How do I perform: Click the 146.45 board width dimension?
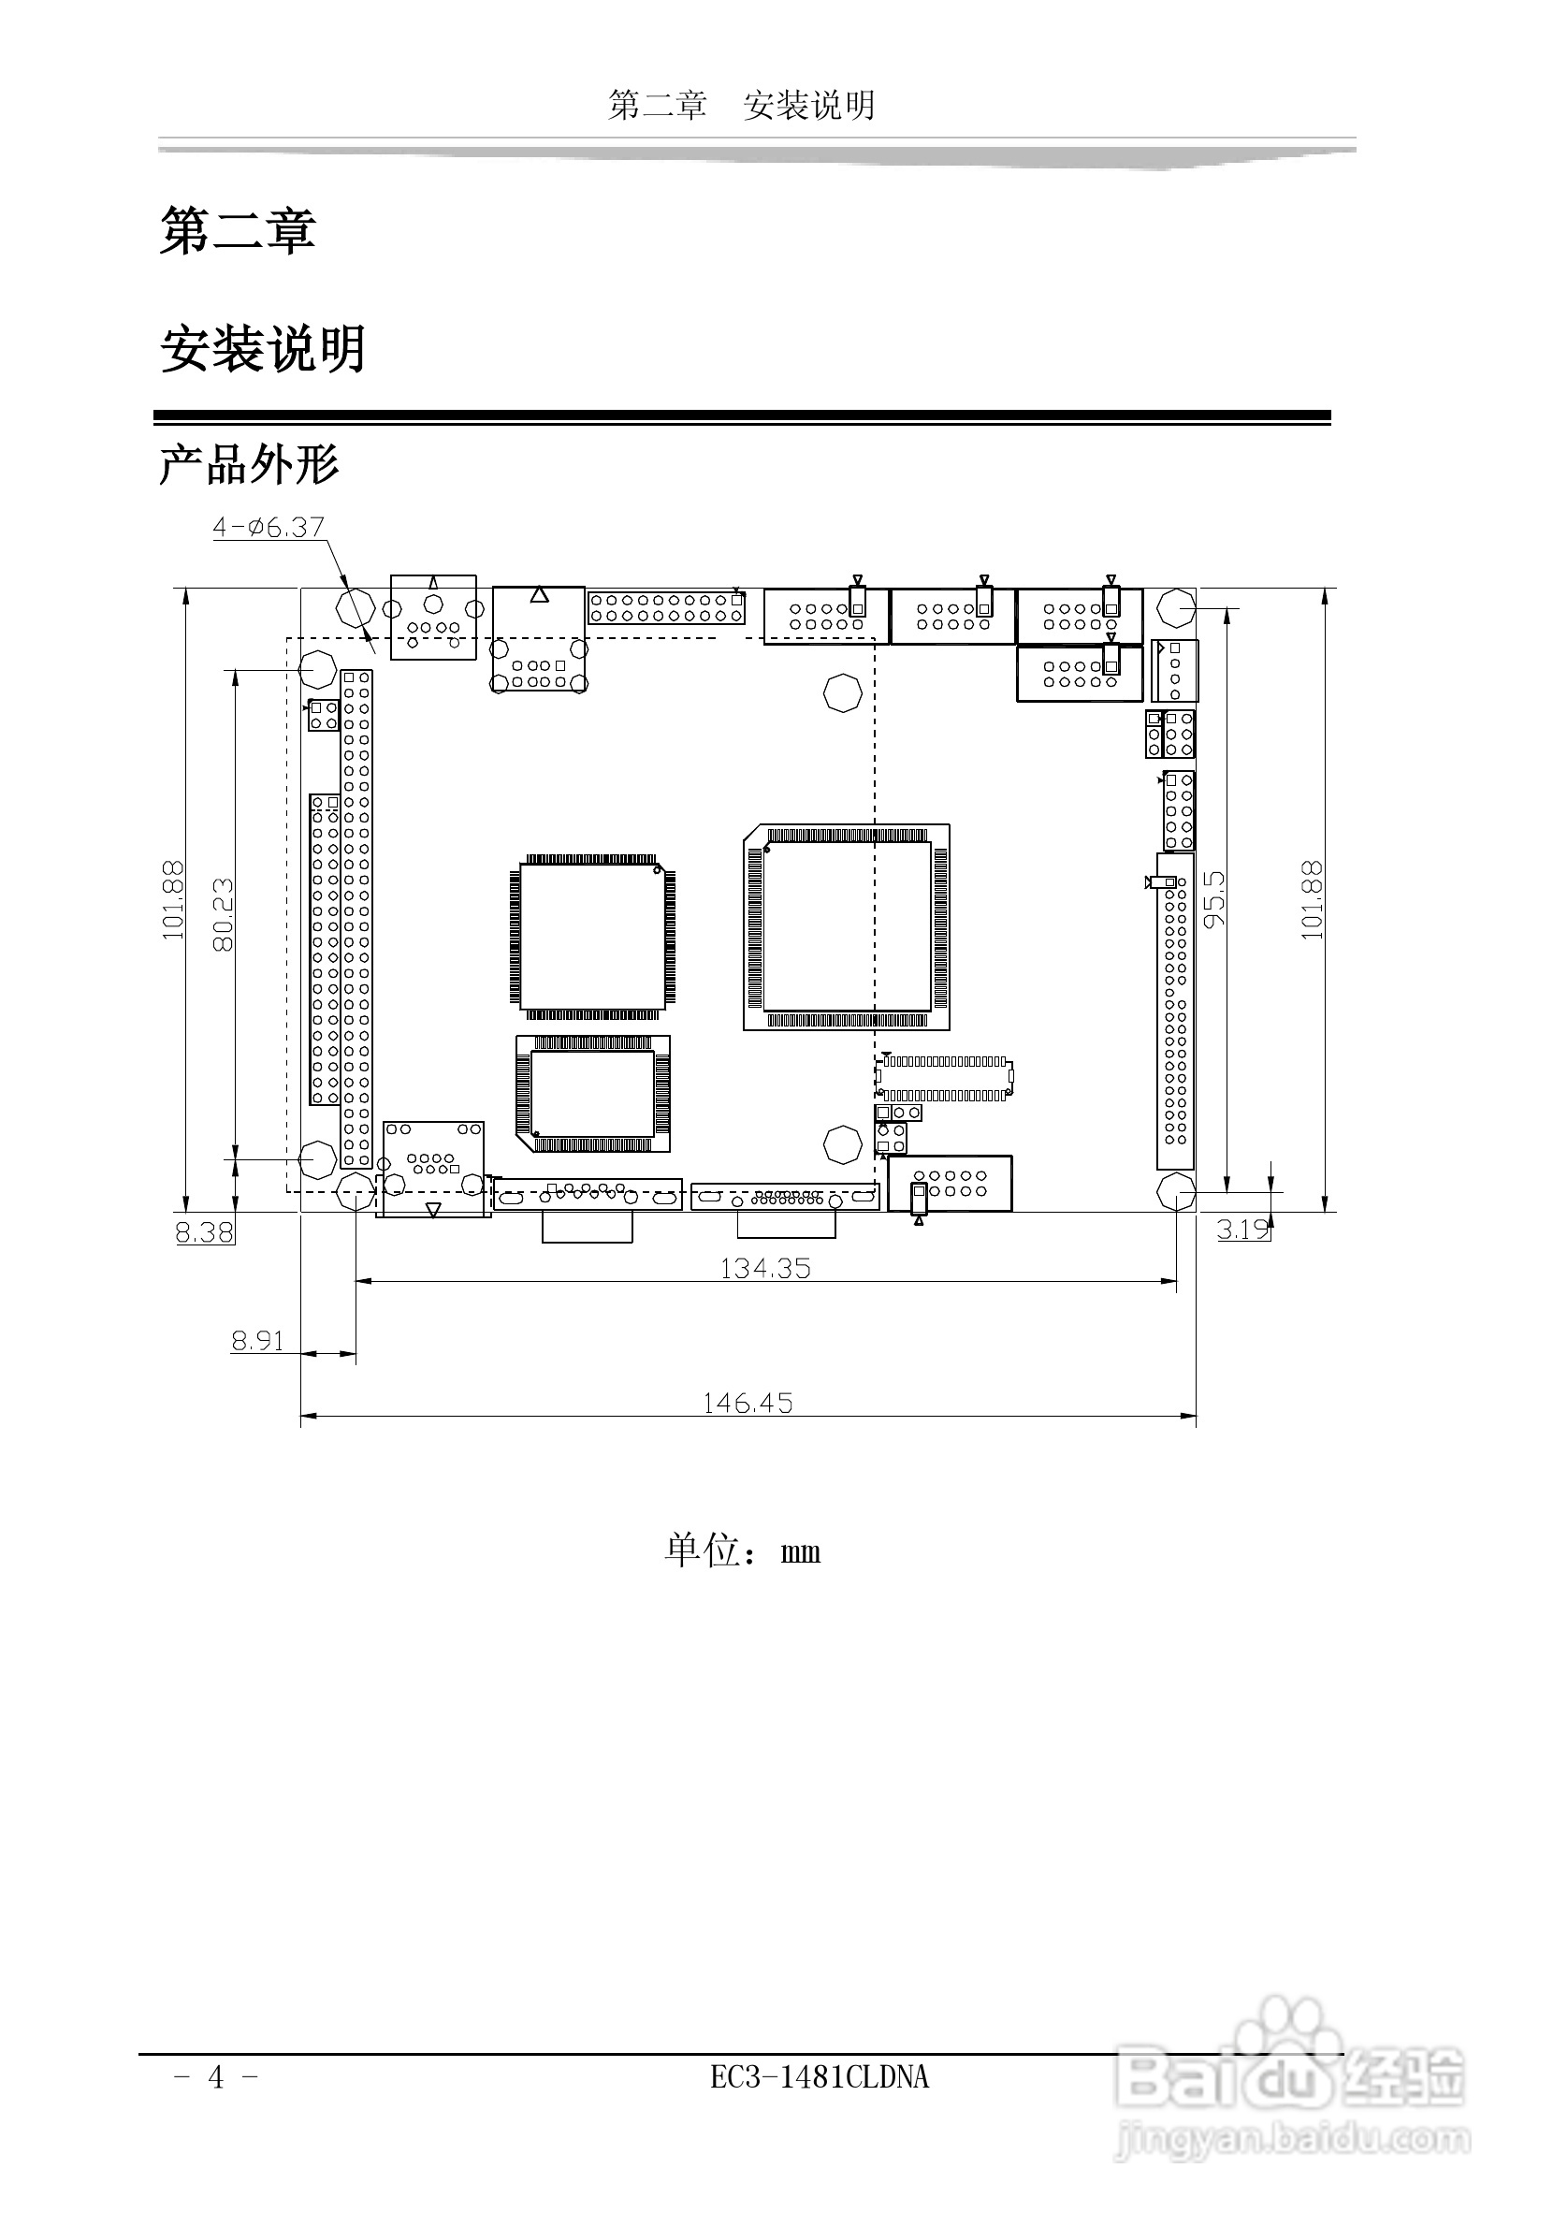click(748, 1403)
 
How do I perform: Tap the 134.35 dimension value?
click(765, 1269)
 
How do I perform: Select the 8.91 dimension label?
click(258, 1341)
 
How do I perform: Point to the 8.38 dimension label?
click(205, 1231)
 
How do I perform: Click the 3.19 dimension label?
click(1244, 1229)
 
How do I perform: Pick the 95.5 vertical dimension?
click(1214, 899)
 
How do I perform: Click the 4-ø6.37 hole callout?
click(269, 527)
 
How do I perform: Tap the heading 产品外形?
click(249, 466)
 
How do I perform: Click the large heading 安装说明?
click(263, 349)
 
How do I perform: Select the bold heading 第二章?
click(238, 231)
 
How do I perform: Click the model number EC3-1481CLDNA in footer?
click(820, 2076)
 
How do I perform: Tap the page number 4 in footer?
click(216, 2076)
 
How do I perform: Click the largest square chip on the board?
click(847, 927)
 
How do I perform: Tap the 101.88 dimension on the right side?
click(1311, 900)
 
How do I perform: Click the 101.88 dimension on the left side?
click(172, 900)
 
